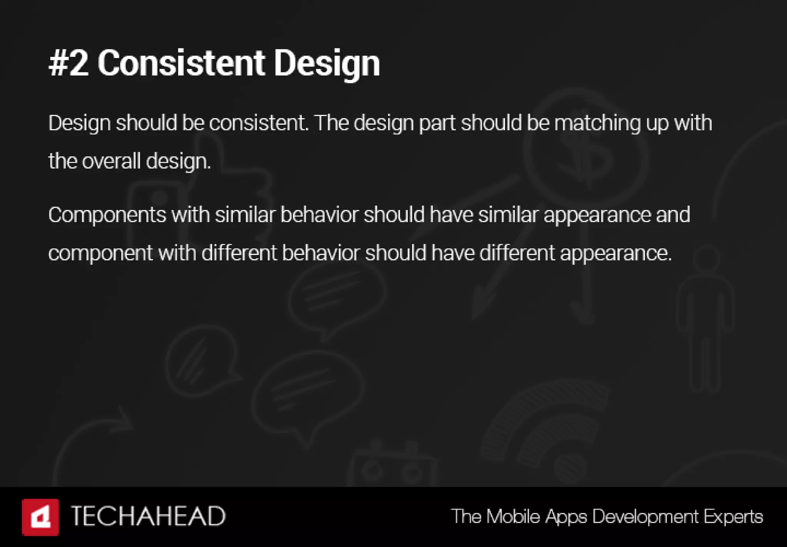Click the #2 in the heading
[68, 63]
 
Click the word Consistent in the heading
[181, 63]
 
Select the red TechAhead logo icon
[40, 517]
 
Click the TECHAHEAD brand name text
[148, 516]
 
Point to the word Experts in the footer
[733, 517]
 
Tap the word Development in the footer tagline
[645, 516]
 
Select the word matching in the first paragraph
[597, 123]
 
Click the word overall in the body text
[111, 161]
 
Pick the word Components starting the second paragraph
[107, 215]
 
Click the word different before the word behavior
[239, 253]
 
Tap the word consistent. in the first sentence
[259, 123]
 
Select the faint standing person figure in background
[705, 319]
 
